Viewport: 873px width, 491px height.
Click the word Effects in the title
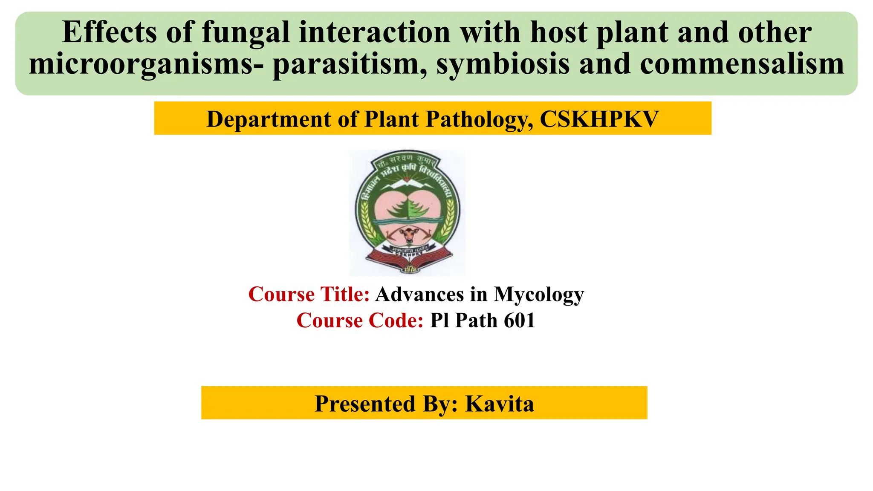coord(109,32)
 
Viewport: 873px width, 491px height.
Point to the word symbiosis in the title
coord(503,64)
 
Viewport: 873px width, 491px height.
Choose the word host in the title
coord(558,32)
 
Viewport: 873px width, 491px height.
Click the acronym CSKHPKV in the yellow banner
coord(599,119)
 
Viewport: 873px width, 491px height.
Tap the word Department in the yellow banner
coord(268,119)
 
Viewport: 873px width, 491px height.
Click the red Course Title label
coord(309,294)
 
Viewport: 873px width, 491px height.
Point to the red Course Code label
coord(360,321)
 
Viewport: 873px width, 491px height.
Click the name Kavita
coord(499,403)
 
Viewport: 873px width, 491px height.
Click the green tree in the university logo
coord(408,208)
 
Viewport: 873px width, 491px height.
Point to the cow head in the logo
coord(408,234)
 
